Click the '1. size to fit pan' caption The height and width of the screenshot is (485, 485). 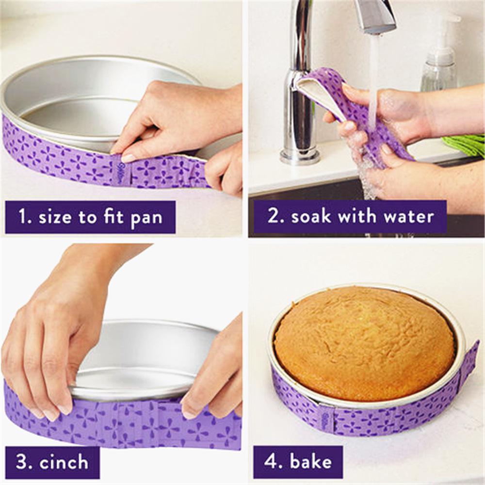90,217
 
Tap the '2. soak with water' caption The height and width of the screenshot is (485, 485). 347,217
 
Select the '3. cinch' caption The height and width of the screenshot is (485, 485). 52,462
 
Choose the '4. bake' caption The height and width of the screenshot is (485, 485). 297,462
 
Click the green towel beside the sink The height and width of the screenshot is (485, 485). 466,145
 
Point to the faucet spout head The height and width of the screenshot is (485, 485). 376,17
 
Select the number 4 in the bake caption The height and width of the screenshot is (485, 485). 268,462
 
